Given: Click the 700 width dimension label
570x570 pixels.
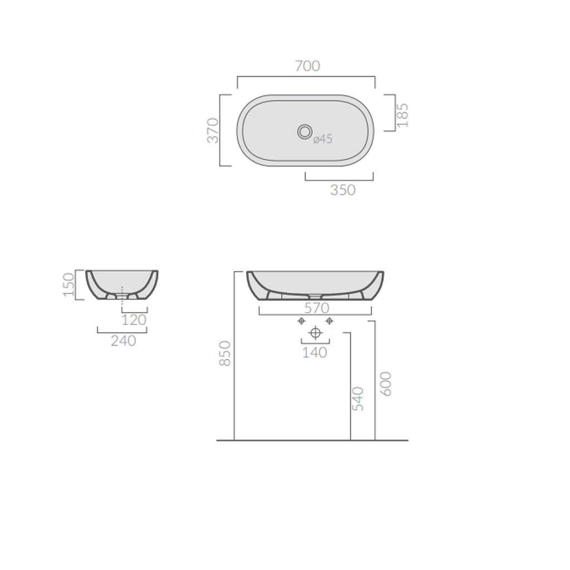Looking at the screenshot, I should pyautogui.click(x=307, y=66).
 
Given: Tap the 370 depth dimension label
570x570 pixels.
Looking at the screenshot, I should pyautogui.click(x=214, y=130).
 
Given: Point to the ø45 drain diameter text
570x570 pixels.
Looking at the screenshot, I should pyautogui.click(x=322, y=139).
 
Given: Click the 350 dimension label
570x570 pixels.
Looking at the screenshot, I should pyautogui.click(x=342, y=190).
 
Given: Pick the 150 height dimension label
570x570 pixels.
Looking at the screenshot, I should pyautogui.click(x=69, y=284).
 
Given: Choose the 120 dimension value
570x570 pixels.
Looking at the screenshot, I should pyautogui.click(x=134, y=320).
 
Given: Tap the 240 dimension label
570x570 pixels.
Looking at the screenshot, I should pyautogui.click(x=123, y=341).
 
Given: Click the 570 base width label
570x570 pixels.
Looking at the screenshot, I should pyautogui.click(x=316, y=308).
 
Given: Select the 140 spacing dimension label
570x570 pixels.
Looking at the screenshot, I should pyautogui.click(x=315, y=352).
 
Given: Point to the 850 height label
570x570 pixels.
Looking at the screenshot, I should pyautogui.click(x=225, y=353).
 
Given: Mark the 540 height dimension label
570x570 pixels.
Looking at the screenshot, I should pyautogui.click(x=358, y=399).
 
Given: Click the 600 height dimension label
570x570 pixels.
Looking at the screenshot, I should pyautogui.click(x=386, y=384).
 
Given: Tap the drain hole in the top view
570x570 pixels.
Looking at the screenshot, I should pyautogui.click(x=304, y=131).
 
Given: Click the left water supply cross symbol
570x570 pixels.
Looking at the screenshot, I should pyautogui.click(x=301, y=321).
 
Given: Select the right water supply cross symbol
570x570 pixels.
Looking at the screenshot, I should pyautogui.click(x=330, y=321).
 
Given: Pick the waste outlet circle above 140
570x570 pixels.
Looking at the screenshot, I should pyautogui.click(x=316, y=333).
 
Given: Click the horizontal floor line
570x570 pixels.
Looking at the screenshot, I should pyautogui.click(x=312, y=440).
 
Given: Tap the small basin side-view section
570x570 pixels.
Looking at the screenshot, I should pyautogui.click(x=122, y=285).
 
